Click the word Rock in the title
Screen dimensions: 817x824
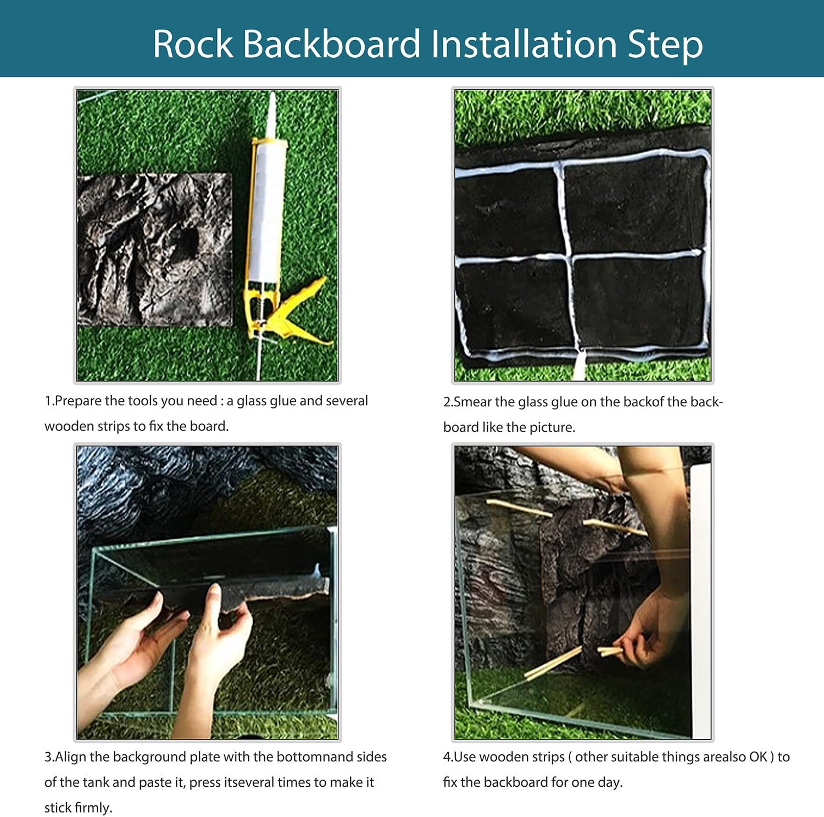coord(193,44)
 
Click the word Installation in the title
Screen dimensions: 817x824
coord(524,44)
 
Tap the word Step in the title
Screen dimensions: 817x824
coord(665,45)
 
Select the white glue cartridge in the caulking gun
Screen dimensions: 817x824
coord(267,209)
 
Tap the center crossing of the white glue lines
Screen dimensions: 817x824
coord(566,257)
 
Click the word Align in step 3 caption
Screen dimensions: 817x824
coord(70,757)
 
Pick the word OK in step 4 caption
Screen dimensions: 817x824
coord(758,757)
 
